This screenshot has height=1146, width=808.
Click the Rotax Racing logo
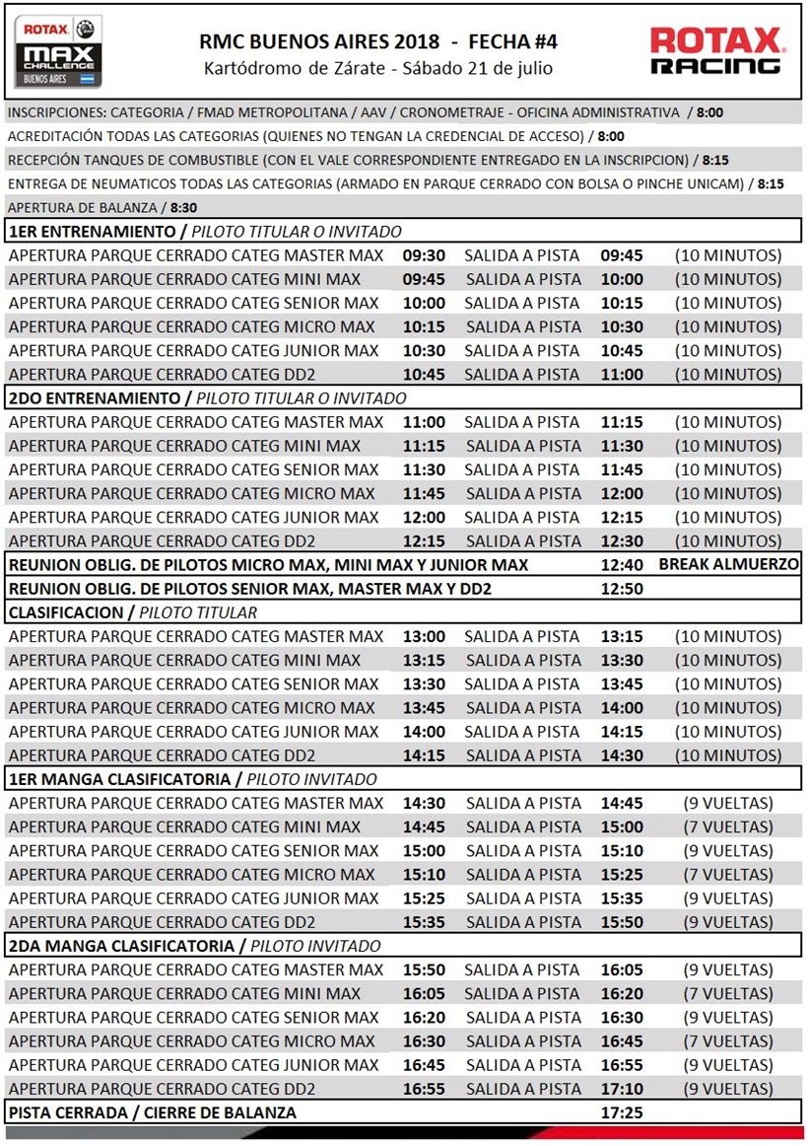pos(717,51)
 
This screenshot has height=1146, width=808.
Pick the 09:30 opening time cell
pos(424,255)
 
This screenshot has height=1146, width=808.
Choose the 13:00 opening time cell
pos(424,636)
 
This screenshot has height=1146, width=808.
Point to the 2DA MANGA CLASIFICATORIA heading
pos(122,946)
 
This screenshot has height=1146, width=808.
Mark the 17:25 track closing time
pos(622,1112)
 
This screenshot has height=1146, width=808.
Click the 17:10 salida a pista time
pos(622,1089)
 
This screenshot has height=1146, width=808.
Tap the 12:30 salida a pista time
pos(622,541)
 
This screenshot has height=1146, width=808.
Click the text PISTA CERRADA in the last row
pos(68,1112)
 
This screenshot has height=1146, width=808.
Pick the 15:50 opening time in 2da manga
pos(424,969)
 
